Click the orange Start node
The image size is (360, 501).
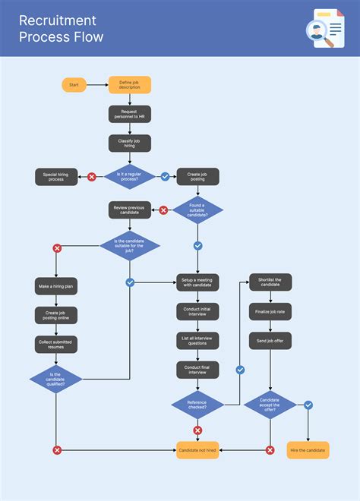coord(74,85)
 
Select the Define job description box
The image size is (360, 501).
coord(130,85)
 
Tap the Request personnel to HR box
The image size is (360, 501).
coord(130,114)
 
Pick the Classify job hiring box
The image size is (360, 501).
coord(130,143)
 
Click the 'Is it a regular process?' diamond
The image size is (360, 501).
coord(130,177)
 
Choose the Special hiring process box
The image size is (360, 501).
coord(56,177)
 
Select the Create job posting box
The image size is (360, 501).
coord(197,177)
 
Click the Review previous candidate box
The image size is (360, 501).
coord(130,210)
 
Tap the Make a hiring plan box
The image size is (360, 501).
coord(56,286)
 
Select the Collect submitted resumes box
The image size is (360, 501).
coord(56,345)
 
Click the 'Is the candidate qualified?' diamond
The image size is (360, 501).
coord(56,378)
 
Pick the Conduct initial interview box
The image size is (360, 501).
coord(197,311)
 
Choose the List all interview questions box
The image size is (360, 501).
coord(197,340)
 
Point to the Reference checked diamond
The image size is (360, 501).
coord(197,405)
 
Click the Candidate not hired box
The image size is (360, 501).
coord(197,450)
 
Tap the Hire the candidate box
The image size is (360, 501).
coord(308,450)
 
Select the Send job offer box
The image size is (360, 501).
coord(270,341)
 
